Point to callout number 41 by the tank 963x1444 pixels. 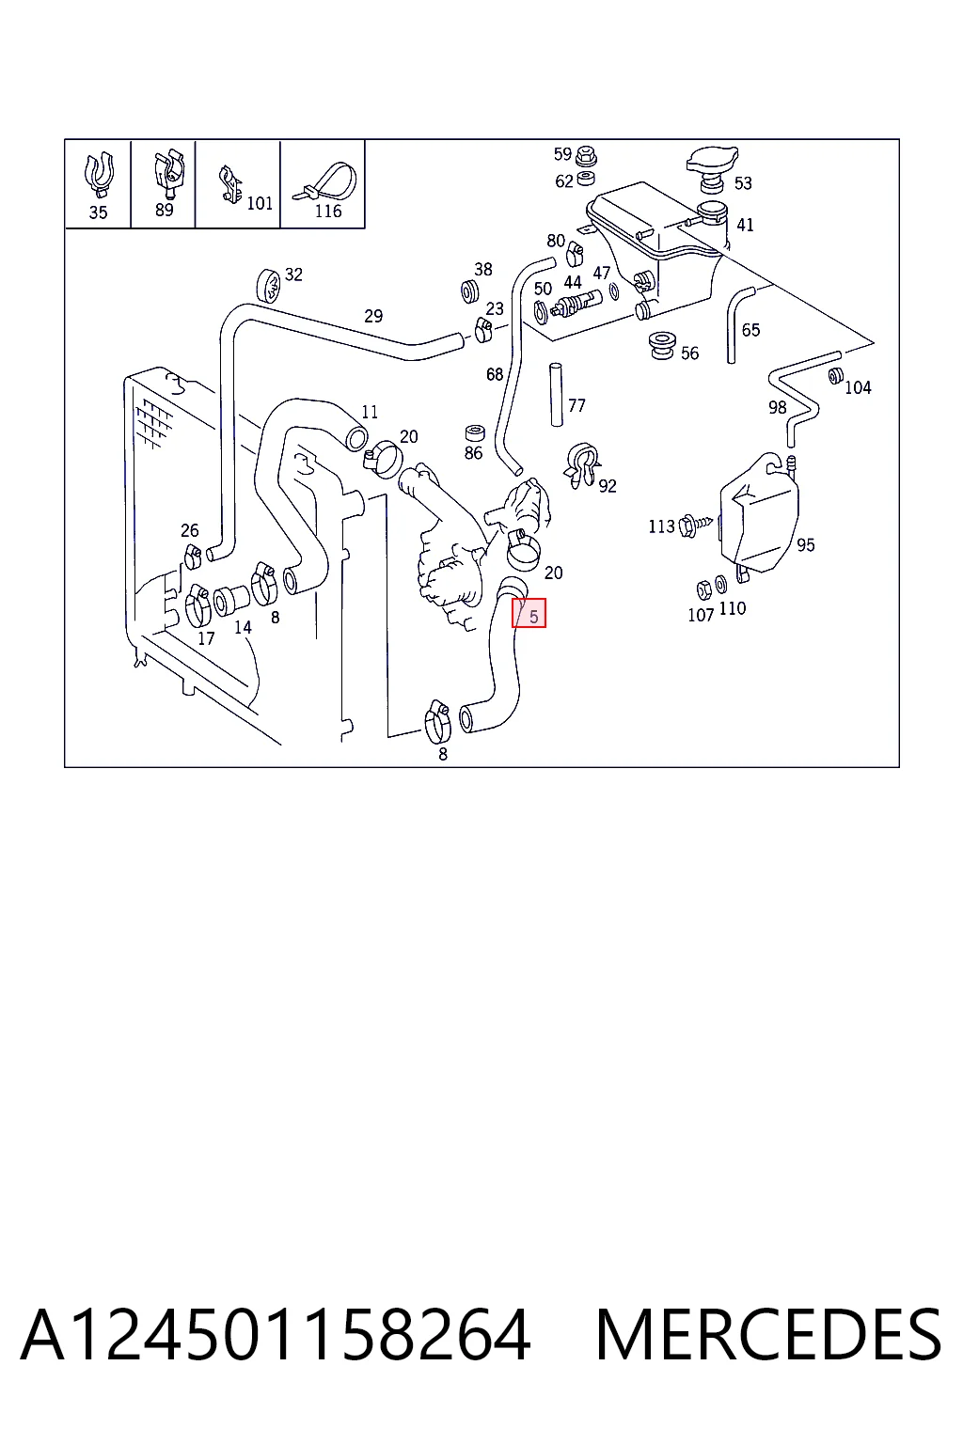pos(745,225)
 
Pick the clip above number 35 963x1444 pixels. pos(99,174)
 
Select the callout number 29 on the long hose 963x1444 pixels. pos(373,316)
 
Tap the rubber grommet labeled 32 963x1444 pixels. pos(268,286)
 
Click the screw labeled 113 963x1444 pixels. pos(695,526)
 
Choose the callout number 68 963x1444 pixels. pos(495,374)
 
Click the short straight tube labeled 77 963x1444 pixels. pos(556,395)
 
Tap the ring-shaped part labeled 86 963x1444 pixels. pos(475,433)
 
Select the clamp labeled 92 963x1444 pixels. pos(581,463)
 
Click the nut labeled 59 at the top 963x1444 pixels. pos(586,155)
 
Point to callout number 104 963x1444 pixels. pos(858,387)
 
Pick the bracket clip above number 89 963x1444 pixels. pos(168,174)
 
